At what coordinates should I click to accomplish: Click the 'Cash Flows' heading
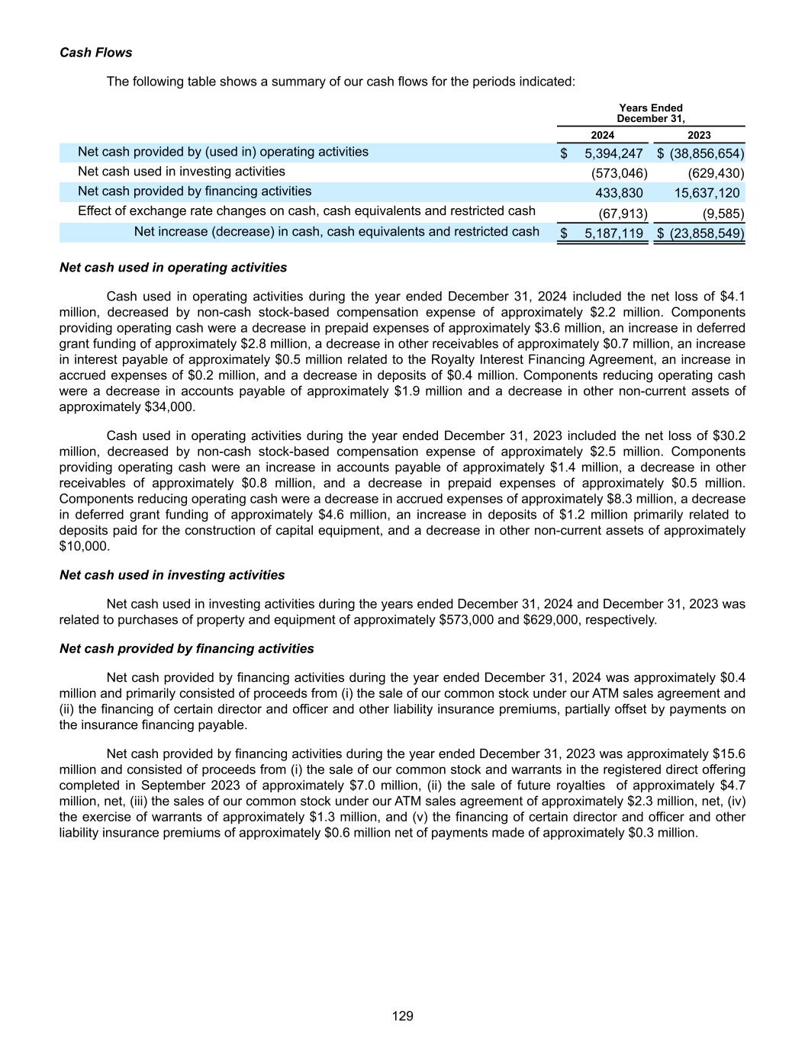point(95,53)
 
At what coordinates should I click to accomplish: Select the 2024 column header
point(603,135)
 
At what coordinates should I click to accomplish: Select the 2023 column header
point(699,135)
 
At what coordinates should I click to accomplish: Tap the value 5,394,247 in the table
point(613,153)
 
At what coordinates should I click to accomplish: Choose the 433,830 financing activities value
point(619,193)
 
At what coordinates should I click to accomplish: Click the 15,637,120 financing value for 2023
point(707,193)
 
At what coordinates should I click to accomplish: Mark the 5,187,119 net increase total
point(613,233)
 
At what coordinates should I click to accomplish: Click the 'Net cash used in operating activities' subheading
point(173,268)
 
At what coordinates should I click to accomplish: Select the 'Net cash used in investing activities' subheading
point(172,575)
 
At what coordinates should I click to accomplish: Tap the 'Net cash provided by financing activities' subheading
point(186,649)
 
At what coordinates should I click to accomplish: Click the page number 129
point(402,1016)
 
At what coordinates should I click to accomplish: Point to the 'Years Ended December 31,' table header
point(651,113)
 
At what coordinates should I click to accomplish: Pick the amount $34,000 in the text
point(169,406)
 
